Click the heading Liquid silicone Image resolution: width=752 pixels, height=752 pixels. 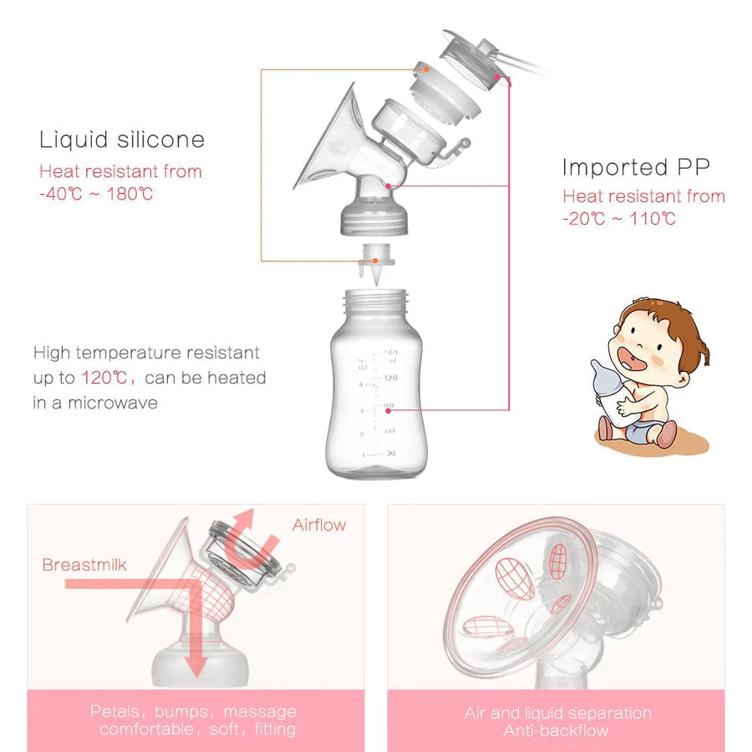[x=122, y=139]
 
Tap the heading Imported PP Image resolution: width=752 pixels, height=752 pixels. [x=636, y=167]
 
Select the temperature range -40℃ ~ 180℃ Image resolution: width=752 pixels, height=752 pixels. [x=96, y=194]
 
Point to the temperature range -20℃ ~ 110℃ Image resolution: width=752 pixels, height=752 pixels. [x=619, y=219]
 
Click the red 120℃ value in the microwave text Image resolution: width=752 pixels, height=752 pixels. [x=104, y=378]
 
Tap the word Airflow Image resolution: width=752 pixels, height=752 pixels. [x=318, y=525]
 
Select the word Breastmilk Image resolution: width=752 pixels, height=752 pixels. [x=84, y=565]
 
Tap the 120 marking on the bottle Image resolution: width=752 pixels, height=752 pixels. [x=389, y=378]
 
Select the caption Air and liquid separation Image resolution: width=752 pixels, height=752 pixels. [x=557, y=714]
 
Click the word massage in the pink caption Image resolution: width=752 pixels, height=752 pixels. [x=259, y=712]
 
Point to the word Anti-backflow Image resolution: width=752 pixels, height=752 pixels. [x=556, y=731]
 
